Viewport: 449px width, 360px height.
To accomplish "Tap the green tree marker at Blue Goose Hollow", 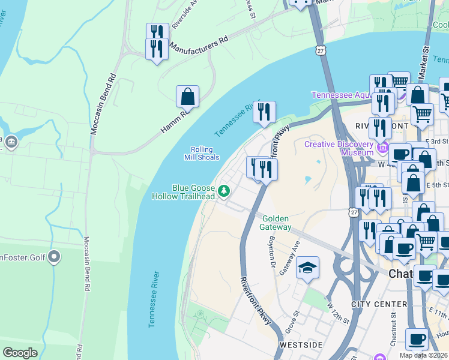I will tap(224, 191).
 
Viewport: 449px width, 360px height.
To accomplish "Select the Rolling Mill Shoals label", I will tap(202, 154).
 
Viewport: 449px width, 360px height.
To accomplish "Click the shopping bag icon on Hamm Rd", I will tap(187, 97).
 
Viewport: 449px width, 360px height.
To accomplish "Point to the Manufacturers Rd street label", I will tap(199, 46).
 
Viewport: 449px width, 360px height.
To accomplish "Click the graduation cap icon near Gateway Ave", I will tap(307, 268).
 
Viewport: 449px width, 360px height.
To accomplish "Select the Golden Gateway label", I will tap(276, 223).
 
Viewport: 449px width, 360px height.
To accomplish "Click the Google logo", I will tap(20, 353).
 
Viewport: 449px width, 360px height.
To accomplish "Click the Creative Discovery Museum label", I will tap(339, 148).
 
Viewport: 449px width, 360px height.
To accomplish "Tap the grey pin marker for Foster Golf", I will tap(54, 257).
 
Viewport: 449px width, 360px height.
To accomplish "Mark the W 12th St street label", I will tap(338, 313).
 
